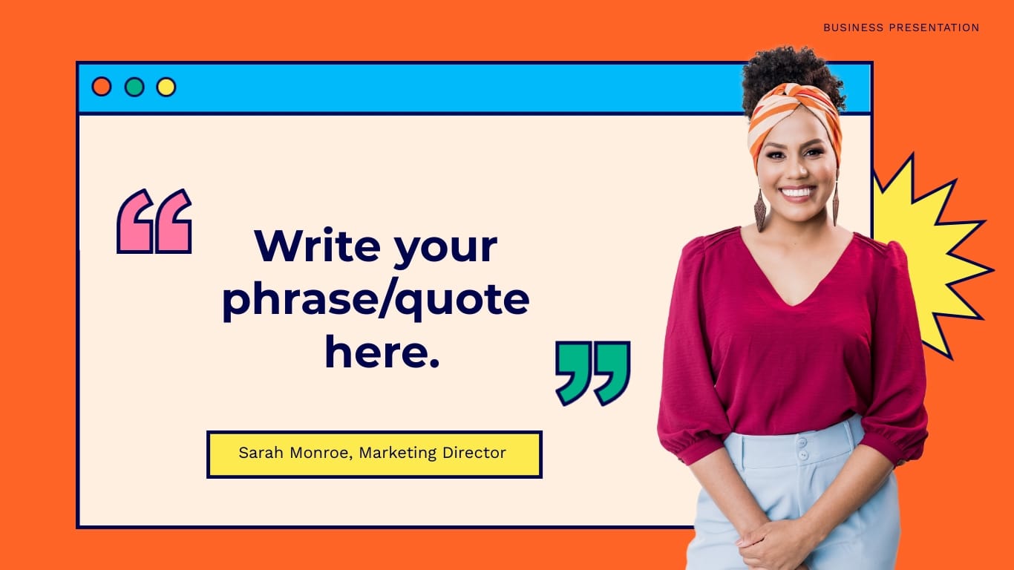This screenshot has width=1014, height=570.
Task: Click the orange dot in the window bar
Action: (102, 87)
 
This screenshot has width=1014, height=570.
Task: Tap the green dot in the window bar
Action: (134, 87)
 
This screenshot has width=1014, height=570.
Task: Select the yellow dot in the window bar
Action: (166, 87)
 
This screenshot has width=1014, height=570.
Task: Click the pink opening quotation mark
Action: (154, 221)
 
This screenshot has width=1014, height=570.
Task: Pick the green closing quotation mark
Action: (592, 373)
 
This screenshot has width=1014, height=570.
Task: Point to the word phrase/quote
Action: (376, 300)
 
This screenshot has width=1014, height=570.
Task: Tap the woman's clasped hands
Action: (772, 546)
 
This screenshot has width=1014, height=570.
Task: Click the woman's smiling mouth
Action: (797, 192)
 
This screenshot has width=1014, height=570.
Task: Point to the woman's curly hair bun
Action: (791, 71)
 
